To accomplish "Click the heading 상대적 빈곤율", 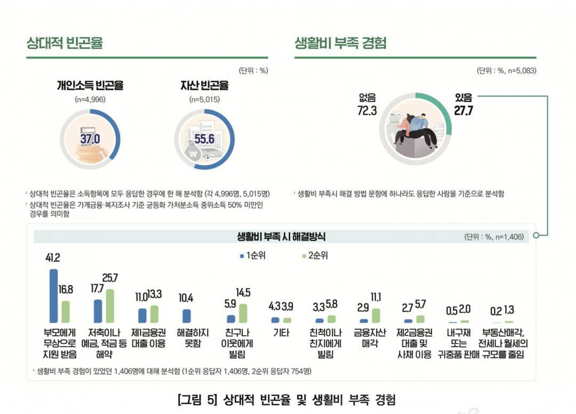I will coord(65,43).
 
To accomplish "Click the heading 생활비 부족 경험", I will coord(340,43).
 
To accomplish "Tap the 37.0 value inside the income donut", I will coord(90,139).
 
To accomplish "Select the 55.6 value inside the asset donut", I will coord(204,139).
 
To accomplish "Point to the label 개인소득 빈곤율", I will coord(90,85).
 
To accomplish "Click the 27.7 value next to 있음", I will coord(463,111).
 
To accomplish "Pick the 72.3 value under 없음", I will coord(367,111).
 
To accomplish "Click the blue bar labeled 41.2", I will coord(54,296).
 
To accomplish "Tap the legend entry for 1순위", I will coord(252,256).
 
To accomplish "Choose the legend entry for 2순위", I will coord(315,256).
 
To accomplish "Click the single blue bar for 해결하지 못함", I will coord(187,316).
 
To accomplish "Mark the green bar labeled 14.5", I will coord(243,313).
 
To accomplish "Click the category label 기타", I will coord(281,333).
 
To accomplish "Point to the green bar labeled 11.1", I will coord(375,315).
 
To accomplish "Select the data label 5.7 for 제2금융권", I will coord(420,305).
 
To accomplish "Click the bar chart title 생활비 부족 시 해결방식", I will coord(281,236).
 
